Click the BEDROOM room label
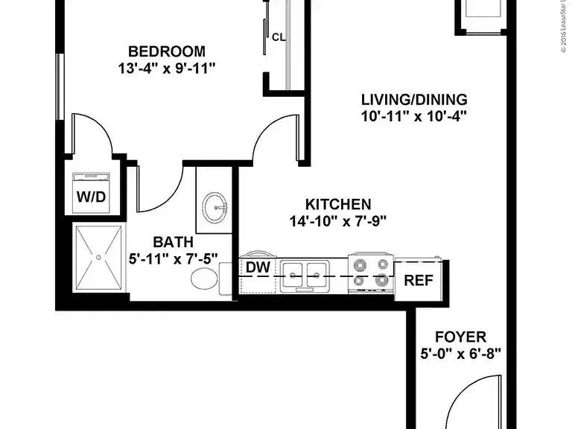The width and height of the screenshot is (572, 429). (x=167, y=51)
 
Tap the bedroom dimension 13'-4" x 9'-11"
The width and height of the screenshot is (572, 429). (x=167, y=69)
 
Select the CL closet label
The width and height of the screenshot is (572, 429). (x=279, y=36)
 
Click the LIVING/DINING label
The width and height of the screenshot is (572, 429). (x=413, y=99)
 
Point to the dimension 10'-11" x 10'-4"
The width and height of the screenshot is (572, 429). (x=413, y=116)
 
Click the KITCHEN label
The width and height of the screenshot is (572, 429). (x=338, y=203)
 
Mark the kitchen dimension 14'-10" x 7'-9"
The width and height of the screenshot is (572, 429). (x=338, y=220)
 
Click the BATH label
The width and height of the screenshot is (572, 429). (x=173, y=242)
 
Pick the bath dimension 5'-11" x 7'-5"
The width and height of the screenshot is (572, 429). (x=173, y=259)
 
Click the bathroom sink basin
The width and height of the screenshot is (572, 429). (x=217, y=205)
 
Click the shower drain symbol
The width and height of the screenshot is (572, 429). (x=98, y=257)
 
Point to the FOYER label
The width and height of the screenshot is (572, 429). (x=462, y=337)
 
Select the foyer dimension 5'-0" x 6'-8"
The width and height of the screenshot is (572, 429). (x=462, y=354)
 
